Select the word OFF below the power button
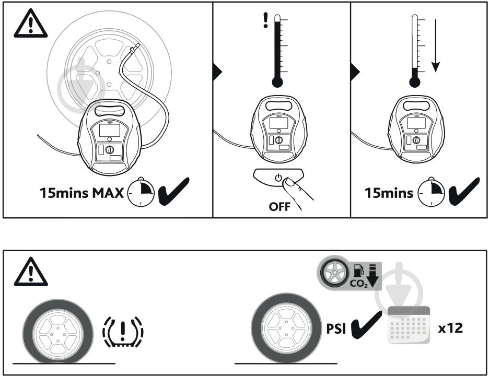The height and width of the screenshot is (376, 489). click(x=280, y=206)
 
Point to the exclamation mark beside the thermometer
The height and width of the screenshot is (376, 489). click(x=265, y=20)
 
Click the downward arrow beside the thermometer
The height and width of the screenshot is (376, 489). click(x=436, y=48)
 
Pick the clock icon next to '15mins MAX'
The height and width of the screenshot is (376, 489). click(x=141, y=193)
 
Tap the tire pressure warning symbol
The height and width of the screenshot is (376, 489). click(x=123, y=331)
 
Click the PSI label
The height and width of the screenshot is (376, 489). click(x=334, y=330)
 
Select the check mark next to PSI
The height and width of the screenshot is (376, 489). click(x=366, y=328)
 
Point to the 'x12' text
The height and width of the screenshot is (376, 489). click(x=450, y=329)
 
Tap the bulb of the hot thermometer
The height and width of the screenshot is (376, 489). click(x=278, y=82)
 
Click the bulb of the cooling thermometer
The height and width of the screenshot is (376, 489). click(x=415, y=81)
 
